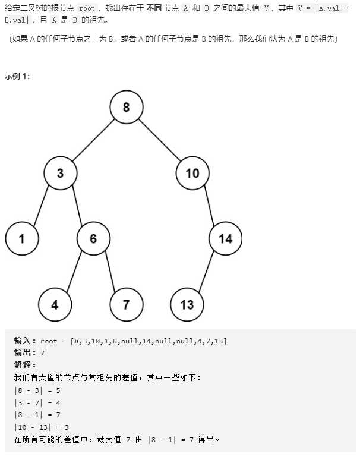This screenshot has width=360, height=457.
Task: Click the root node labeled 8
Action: [126, 107]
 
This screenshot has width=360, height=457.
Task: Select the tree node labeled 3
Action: [60, 173]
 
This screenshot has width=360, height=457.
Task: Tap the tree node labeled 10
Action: [192, 173]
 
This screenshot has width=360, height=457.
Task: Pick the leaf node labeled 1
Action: [22, 239]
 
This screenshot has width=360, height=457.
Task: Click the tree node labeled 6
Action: [93, 239]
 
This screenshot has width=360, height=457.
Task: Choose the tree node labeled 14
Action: [226, 239]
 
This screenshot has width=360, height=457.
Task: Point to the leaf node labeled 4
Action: [55, 305]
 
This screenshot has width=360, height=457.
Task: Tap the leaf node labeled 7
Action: [126, 305]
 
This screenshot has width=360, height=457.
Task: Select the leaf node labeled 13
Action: [187, 305]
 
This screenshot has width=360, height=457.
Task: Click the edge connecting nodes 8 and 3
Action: [93, 140]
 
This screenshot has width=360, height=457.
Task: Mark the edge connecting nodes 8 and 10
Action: [159, 140]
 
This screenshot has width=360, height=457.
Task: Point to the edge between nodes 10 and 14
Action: [209, 206]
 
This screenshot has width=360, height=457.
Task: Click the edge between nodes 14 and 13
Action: [206, 272]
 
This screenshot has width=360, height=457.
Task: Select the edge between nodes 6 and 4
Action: [74, 272]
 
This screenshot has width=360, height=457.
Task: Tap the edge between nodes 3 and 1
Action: [41, 206]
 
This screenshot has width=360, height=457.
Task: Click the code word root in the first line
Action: [87, 9]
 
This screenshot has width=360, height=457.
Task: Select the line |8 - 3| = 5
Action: [37, 390]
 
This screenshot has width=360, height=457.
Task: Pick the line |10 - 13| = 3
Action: [42, 427]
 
